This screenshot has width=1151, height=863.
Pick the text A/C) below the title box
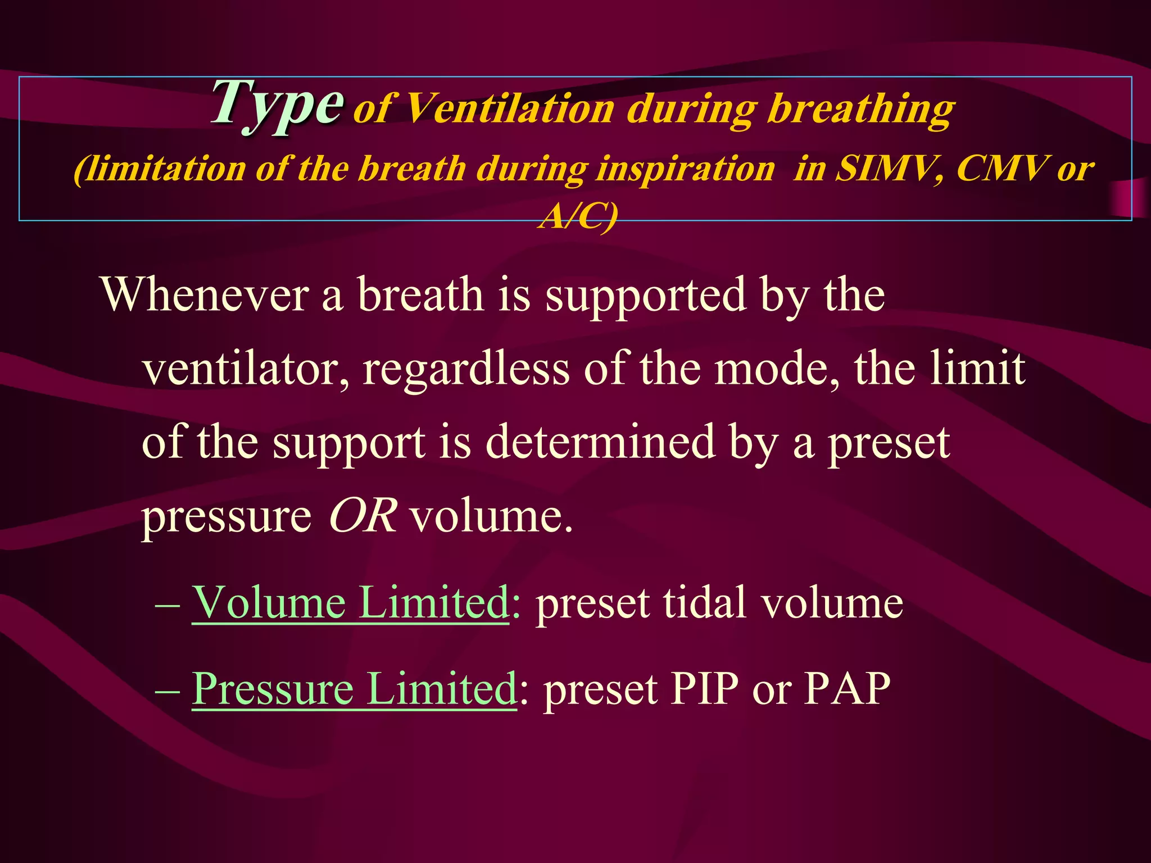pyautogui.click(x=578, y=216)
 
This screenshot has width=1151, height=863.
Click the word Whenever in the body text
pyautogui.click(x=205, y=294)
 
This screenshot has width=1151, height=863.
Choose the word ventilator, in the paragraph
pyautogui.click(x=245, y=369)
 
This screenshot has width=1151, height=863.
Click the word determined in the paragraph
pyautogui.click(x=600, y=443)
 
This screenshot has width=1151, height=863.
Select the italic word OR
pyautogui.click(x=362, y=516)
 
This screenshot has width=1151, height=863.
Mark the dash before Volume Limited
pyautogui.click(x=167, y=606)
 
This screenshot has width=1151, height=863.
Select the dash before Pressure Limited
pyautogui.click(x=167, y=691)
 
